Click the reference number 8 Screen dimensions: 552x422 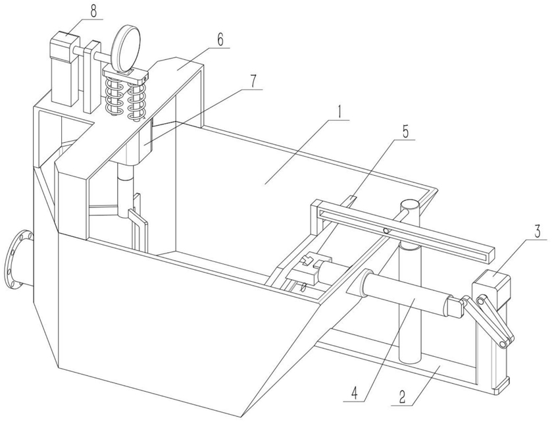click(93, 11)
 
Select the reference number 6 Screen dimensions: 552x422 click(220, 40)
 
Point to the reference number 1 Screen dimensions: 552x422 click(339, 113)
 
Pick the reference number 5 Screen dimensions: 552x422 click(405, 132)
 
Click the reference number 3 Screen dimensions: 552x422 click(538, 232)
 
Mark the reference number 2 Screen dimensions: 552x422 click(402, 397)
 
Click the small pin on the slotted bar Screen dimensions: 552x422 click(386, 231)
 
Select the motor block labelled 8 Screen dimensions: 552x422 click(63, 68)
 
